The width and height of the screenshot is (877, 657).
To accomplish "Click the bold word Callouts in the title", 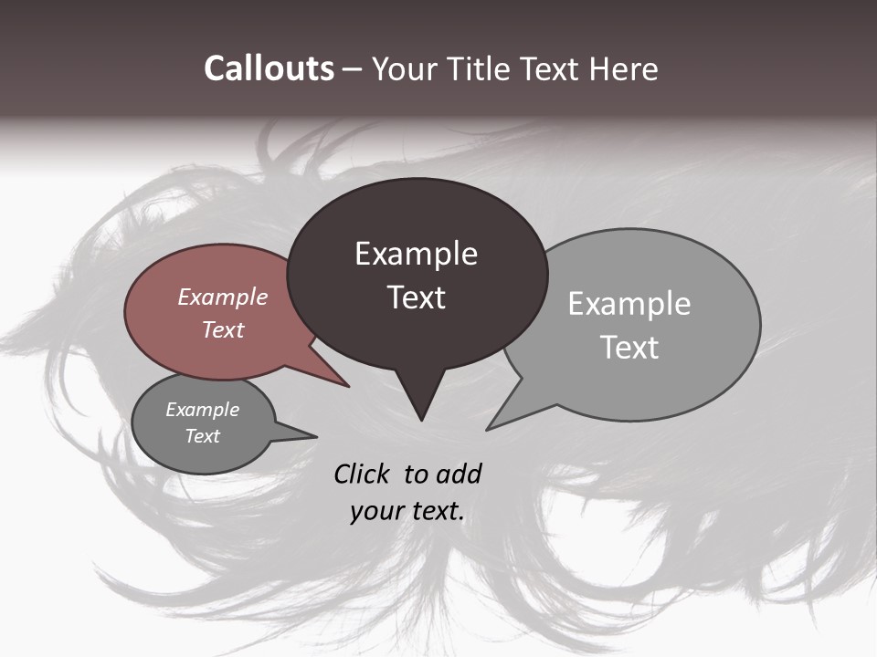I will click(x=269, y=68).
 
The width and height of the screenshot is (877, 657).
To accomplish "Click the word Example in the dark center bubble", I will click(x=416, y=254).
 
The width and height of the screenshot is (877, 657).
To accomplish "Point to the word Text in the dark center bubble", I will click(x=416, y=297).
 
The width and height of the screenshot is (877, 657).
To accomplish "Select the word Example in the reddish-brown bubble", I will click(x=223, y=297).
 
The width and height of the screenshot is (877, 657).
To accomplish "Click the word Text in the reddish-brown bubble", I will click(x=223, y=329).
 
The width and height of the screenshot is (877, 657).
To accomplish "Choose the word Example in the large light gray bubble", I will click(x=629, y=304).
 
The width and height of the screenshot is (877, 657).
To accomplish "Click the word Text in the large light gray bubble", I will click(x=629, y=348).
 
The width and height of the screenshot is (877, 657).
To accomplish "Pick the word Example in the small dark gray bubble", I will click(x=203, y=410).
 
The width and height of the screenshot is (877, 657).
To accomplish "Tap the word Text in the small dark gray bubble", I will click(x=203, y=436).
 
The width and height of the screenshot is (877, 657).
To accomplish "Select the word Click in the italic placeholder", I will click(x=364, y=474).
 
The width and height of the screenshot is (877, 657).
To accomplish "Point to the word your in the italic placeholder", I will click(x=375, y=511).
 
